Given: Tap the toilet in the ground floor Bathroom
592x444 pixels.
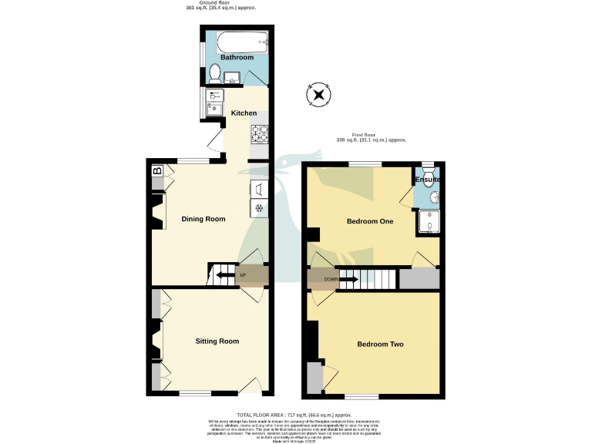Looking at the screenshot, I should [215, 74].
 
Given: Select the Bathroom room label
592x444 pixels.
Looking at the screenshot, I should [237, 58].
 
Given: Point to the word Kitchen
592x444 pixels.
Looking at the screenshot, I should [244, 113].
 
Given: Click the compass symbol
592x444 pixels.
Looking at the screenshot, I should [318, 95].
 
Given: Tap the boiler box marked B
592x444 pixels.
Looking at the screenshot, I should [157, 172].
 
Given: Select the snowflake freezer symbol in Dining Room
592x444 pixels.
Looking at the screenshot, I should [259, 208].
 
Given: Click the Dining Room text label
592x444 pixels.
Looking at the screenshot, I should [203, 219].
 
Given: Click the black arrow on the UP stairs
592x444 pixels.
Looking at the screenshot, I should [225, 274].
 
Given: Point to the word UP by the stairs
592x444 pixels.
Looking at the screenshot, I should [243, 275].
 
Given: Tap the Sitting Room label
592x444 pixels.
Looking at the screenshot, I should [217, 341].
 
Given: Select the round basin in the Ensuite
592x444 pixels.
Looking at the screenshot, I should [433, 197].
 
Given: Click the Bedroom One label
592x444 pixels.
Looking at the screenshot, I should [370, 222].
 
